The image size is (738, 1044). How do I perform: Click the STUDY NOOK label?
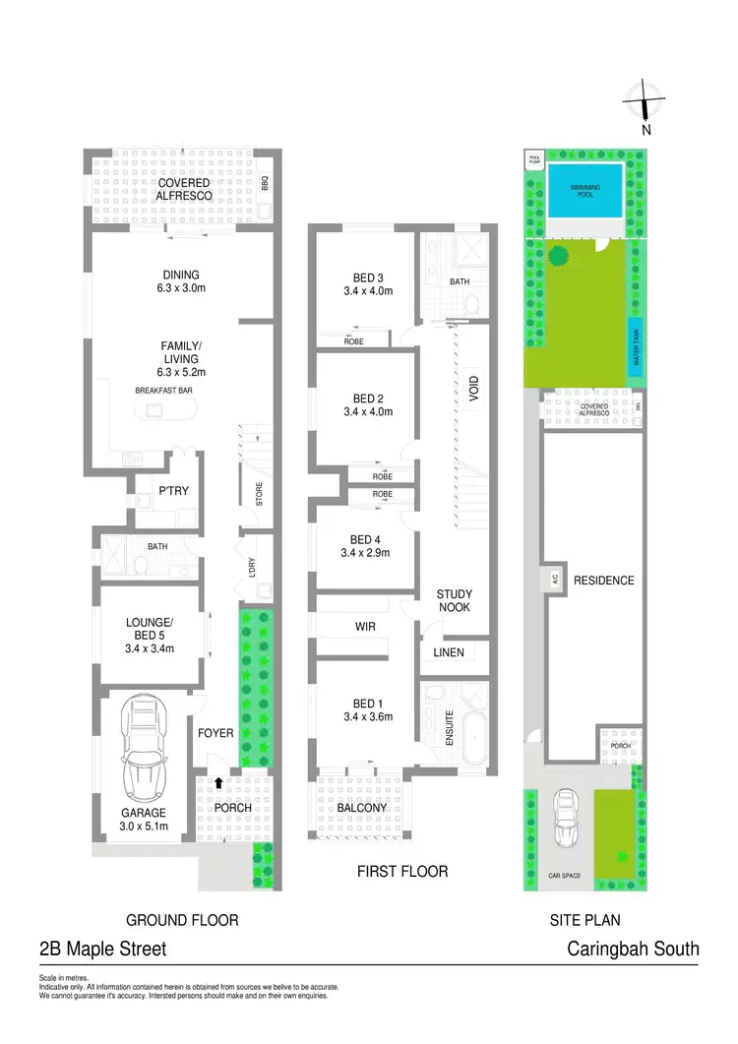tap(455, 600)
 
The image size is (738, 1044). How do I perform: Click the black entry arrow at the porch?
tap(217, 782)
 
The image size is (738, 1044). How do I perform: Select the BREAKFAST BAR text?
tap(163, 391)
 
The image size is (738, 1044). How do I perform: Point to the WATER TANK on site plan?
tap(636, 347)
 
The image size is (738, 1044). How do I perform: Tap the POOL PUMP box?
tap(534, 158)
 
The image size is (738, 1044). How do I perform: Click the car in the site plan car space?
tap(566, 819)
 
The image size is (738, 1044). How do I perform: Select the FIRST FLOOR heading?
tap(401, 871)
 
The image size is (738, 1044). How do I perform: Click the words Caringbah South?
tap(633, 949)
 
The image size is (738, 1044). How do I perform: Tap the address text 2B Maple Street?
tap(102, 949)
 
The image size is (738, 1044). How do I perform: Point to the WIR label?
tap(365, 626)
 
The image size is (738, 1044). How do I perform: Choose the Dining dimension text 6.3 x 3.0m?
tap(181, 289)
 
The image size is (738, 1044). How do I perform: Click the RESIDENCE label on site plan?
tap(604, 581)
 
